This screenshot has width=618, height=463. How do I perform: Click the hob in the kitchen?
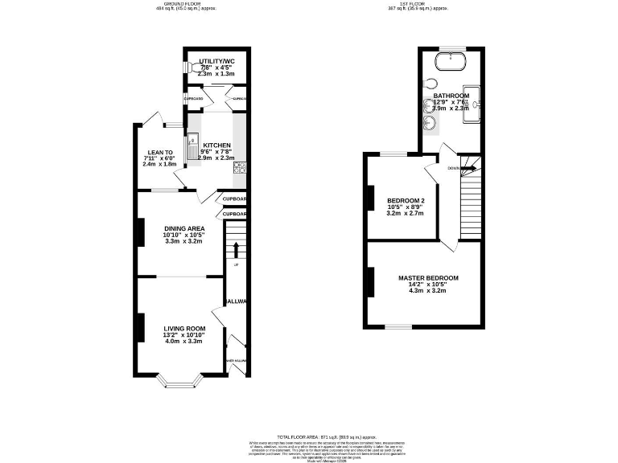point(239,168)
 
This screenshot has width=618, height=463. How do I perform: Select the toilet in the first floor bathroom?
point(431,84)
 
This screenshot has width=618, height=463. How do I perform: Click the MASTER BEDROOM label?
point(428,278)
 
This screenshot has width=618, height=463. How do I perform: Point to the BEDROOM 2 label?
point(406,201)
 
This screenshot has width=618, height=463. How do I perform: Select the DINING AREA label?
point(184,228)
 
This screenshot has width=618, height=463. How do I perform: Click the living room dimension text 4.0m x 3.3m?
point(183,341)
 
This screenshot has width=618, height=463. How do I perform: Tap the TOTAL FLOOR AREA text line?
point(308,435)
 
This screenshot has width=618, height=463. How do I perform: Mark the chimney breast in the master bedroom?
point(371,282)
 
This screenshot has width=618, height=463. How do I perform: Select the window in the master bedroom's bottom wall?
point(398,326)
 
